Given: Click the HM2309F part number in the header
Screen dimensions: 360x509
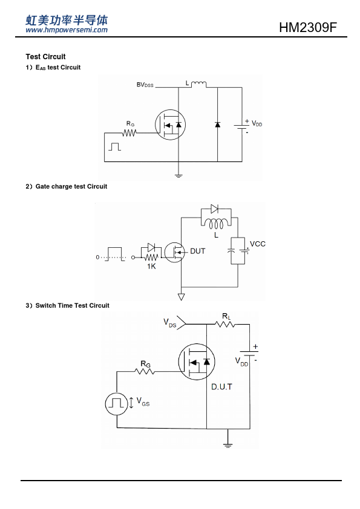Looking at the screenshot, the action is (308, 28).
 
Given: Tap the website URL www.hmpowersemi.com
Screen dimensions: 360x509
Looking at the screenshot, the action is (67, 30).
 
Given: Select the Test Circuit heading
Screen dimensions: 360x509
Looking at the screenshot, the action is (45, 56).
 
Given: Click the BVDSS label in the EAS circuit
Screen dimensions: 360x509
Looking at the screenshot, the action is (145, 85).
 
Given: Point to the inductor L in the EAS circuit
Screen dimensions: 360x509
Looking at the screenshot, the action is (198, 85).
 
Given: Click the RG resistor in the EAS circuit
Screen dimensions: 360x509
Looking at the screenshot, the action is (129, 133).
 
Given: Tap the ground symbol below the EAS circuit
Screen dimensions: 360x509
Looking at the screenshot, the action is (178, 176).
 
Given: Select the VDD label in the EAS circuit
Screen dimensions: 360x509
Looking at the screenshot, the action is (257, 124).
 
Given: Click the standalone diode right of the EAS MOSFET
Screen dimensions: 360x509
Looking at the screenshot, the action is (217, 125).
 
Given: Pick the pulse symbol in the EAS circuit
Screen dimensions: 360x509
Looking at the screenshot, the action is (114, 146).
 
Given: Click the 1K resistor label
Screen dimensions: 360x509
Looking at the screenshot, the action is (151, 266).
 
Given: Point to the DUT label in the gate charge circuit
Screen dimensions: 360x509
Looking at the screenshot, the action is (197, 251).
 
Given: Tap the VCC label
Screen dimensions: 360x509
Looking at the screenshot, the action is (258, 244).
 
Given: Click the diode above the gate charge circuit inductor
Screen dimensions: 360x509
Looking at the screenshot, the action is (214, 209).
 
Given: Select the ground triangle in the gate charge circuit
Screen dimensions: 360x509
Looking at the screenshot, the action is (182, 297).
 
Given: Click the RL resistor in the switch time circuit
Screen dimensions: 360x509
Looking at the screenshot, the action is (225, 324).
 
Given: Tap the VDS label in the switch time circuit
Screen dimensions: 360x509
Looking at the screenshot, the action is (169, 323).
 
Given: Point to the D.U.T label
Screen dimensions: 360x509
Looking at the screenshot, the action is (221, 387).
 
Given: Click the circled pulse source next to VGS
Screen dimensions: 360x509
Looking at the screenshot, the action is (116, 404).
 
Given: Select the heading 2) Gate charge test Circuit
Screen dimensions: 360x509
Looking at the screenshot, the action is (67, 186).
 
